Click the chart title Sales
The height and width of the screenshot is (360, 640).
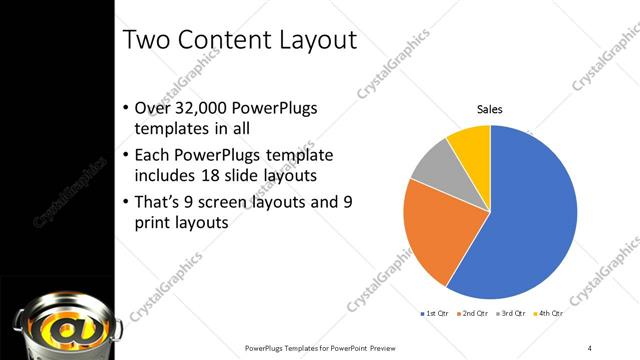pos(488,110)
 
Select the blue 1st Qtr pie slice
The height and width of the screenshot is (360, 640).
pos(535,215)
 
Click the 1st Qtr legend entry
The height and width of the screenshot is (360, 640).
pos(434,314)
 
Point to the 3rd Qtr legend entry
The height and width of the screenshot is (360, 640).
pos(511,314)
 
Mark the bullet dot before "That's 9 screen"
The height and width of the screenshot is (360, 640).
pos(125,201)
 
